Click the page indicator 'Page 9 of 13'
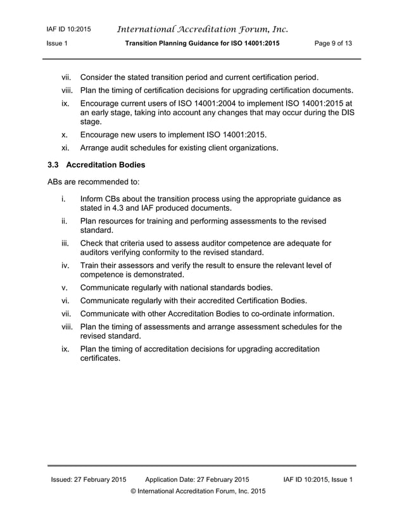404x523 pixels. click(x=333, y=43)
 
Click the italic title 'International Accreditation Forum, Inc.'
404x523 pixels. click(x=203, y=29)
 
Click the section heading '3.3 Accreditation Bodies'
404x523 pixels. click(x=96, y=165)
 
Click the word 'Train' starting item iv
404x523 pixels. click(x=91, y=265)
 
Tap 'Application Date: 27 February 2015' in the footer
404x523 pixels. click(x=197, y=479)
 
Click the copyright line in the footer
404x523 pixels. click(x=198, y=491)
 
